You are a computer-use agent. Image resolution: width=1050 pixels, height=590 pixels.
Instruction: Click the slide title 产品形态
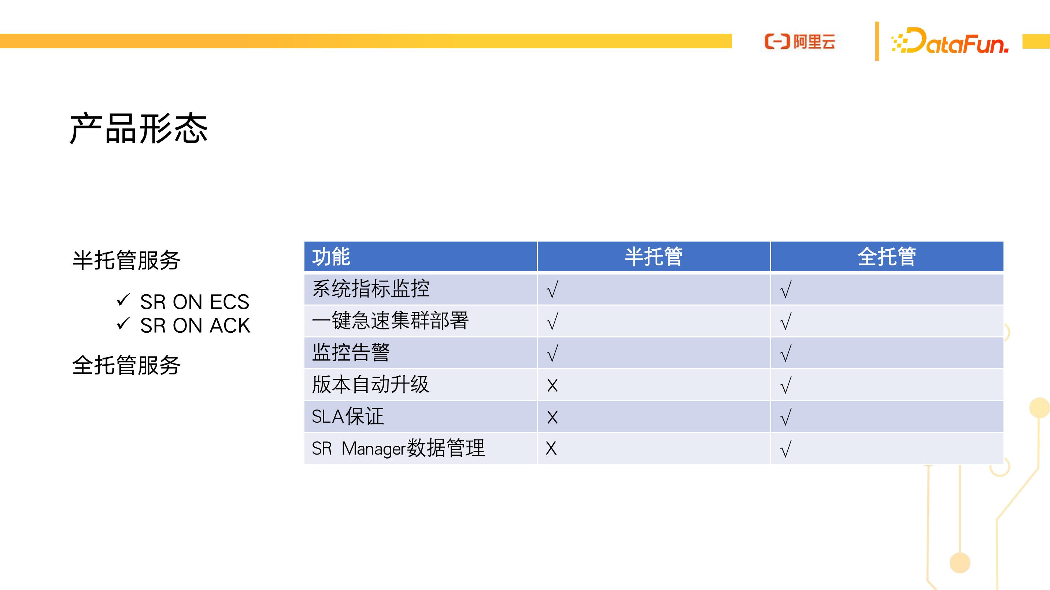pyautogui.click(x=138, y=129)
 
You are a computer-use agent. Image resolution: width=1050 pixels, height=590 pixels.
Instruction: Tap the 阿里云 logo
pyautogui.click(x=800, y=41)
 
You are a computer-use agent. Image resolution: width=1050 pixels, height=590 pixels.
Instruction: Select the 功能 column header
pyautogui.click(x=331, y=257)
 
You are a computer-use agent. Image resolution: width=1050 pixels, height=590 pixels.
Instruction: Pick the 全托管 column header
pyautogui.click(x=887, y=257)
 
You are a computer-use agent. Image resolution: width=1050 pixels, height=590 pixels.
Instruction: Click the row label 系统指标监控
pyautogui.click(x=370, y=289)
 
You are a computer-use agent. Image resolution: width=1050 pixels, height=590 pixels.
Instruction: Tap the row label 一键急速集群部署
pyautogui.click(x=390, y=321)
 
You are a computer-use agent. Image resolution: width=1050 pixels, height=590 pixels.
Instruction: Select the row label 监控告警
pyautogui.click(x=351, y=352)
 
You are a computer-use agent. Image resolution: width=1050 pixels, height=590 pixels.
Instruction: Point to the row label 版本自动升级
pyautogui.click(x=370, y=384)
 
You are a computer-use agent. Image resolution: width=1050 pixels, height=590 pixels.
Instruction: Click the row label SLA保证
pyautogui.click(x=348, y=416)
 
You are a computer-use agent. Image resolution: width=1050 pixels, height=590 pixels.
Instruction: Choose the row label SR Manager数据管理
pyautogui.click(x=398, y=448)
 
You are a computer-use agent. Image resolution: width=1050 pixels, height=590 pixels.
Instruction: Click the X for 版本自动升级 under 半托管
pyautogui.click(x=552, y=385)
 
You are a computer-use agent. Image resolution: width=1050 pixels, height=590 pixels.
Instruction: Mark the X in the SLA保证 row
pyautogui.click(x=552, y=417)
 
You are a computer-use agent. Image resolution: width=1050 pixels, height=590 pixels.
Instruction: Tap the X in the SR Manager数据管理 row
pyautogui.click(x=551, y=448)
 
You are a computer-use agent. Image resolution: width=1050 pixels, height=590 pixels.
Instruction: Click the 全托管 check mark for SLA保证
pyautogui.click(x=785, y=417)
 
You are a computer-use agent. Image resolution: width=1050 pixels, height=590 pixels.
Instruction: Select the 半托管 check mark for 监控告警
pyautogui.click(x=552, y=353)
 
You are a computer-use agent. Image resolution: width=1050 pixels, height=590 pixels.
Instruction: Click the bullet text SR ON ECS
pyautogui.click(x=195, y=302)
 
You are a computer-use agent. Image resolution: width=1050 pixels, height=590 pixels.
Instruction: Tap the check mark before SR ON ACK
pyautogui.click(x=123, y=324)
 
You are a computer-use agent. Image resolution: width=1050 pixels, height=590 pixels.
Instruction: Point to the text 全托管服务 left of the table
pyautogui.click(x=126, y=365)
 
